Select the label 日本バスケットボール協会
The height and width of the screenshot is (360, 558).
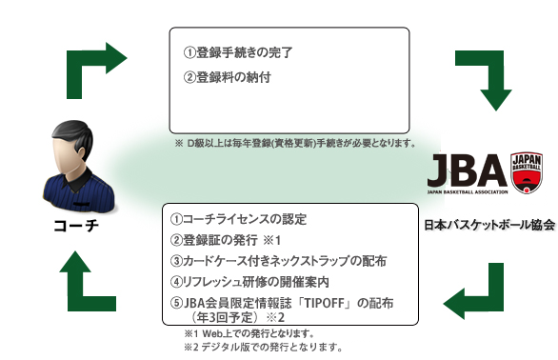pos(489,226)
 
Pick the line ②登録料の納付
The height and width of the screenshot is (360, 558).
pos(227,77)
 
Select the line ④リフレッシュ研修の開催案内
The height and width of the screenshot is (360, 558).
pos(249,281)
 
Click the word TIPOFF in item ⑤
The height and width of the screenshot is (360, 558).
pos(327,302)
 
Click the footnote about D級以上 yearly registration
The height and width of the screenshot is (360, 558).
pos(295,143)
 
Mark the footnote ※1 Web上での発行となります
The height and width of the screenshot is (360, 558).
pos(249,334)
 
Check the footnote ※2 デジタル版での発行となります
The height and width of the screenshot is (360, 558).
pos(263,348)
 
